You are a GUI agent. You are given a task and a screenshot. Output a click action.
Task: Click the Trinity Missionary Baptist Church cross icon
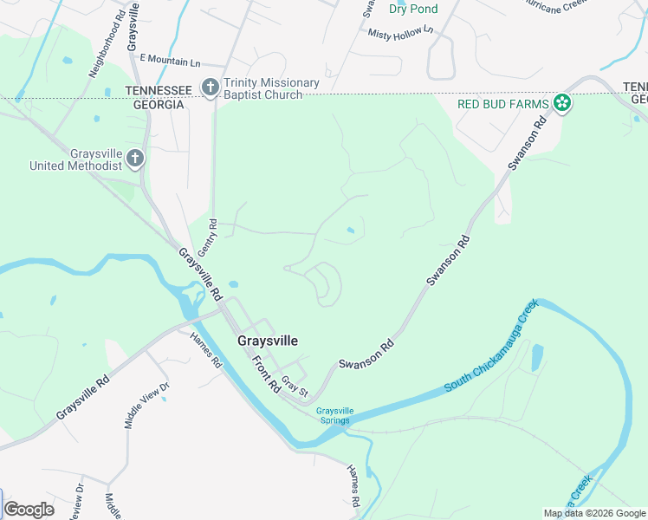[x=210, y=88]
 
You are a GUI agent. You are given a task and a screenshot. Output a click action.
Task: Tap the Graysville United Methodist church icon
[x=134, y=158]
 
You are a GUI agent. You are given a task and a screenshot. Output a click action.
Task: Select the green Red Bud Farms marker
[x=562, y=104]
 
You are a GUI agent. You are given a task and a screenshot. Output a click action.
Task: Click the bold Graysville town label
[x=267, y=341]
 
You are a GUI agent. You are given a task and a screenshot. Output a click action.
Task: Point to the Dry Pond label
[x=413, y=9]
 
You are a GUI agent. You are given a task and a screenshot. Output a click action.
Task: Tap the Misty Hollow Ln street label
[x=400, y=32]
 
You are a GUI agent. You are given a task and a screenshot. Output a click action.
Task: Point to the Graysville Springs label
[x=334, y=416]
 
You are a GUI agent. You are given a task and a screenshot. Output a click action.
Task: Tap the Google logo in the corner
[x=29, y=510]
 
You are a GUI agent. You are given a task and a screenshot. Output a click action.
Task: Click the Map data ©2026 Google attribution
[x=594, y=513]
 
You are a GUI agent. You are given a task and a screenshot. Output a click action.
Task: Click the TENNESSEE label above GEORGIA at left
[x=159, y=90]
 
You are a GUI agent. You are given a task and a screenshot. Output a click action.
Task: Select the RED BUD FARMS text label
[x=503, y=104]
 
